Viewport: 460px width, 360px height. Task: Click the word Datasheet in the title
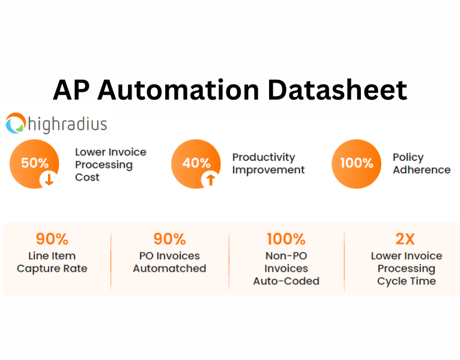tap(337, 90)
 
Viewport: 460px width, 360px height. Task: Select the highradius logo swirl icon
tap(16, 124)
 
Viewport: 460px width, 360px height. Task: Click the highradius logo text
tap(67, 124)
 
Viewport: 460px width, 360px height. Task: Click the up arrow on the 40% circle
tap(211, 179)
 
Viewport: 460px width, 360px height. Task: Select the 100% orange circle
tap(356, 163)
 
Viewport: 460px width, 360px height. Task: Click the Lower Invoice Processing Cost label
tap(110, 164)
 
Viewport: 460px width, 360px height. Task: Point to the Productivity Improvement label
tap(268, 163)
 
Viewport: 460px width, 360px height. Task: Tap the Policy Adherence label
tap(421, 163)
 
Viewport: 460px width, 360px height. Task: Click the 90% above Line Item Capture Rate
tap(52, 239)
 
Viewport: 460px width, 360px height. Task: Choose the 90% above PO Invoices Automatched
tap(169, 239)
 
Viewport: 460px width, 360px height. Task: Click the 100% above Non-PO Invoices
tap(286, 239)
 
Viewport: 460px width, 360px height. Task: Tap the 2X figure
tap(405, 239)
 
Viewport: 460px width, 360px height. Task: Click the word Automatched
tap(169, 269)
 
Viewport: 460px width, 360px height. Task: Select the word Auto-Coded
tap(286, 281)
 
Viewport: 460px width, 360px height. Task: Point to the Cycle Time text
tap(406, 281)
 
